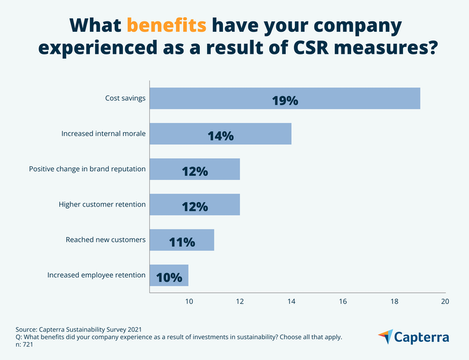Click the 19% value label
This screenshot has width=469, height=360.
[285, 100]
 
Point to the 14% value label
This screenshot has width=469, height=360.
[220, 136]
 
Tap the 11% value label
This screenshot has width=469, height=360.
[182, 241]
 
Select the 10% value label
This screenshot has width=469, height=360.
[169, 277]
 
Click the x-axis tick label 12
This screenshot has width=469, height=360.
[240, 301]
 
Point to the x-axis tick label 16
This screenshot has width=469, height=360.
[343, 301]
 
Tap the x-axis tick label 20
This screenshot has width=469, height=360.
[445, 301]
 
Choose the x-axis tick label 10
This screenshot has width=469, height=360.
[189, 301]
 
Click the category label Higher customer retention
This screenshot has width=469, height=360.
[102, 204]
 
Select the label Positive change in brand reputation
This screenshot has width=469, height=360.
[87, 169]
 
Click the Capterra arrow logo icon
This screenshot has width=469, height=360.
[385, 337]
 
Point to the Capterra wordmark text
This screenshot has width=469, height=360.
[422, 337]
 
